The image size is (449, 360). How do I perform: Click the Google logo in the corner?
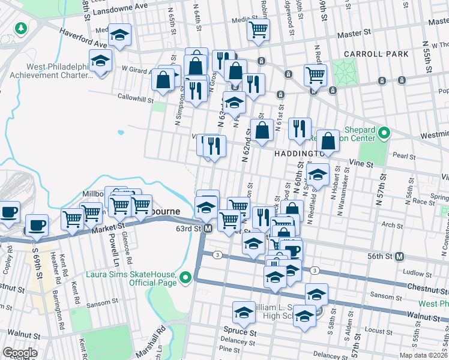(20, 353)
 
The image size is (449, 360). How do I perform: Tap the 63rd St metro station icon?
(208, 229)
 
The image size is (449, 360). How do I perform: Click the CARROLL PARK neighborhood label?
(376, 54)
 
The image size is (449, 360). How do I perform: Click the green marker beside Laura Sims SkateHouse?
(186, 277)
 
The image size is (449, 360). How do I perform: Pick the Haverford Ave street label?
(82, 40)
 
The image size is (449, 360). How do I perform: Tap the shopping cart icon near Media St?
(258, 28)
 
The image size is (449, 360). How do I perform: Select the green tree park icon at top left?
(21, 28)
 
